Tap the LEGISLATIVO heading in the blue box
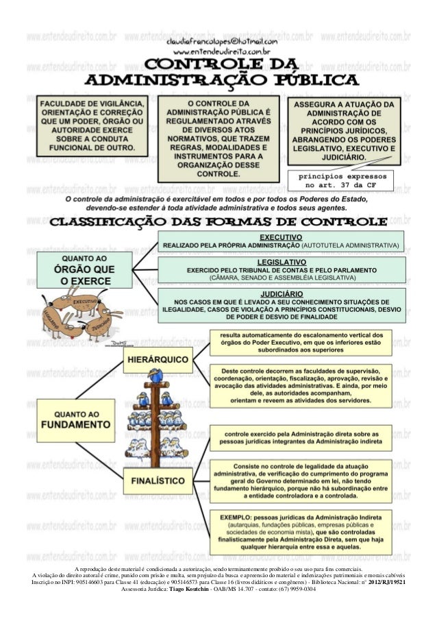282,263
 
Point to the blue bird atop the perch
157,376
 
